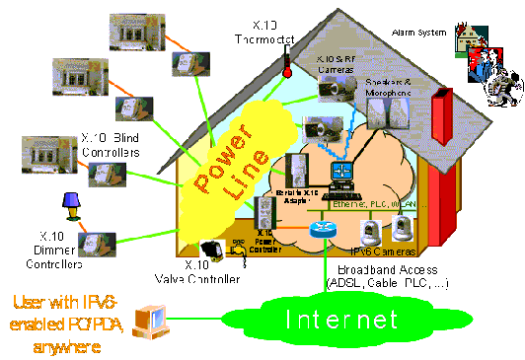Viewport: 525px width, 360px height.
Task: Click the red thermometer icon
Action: pyautogui.click(x=286, y=66)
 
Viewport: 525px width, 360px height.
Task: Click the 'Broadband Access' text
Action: pyautogui.click(x=395, y=270)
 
